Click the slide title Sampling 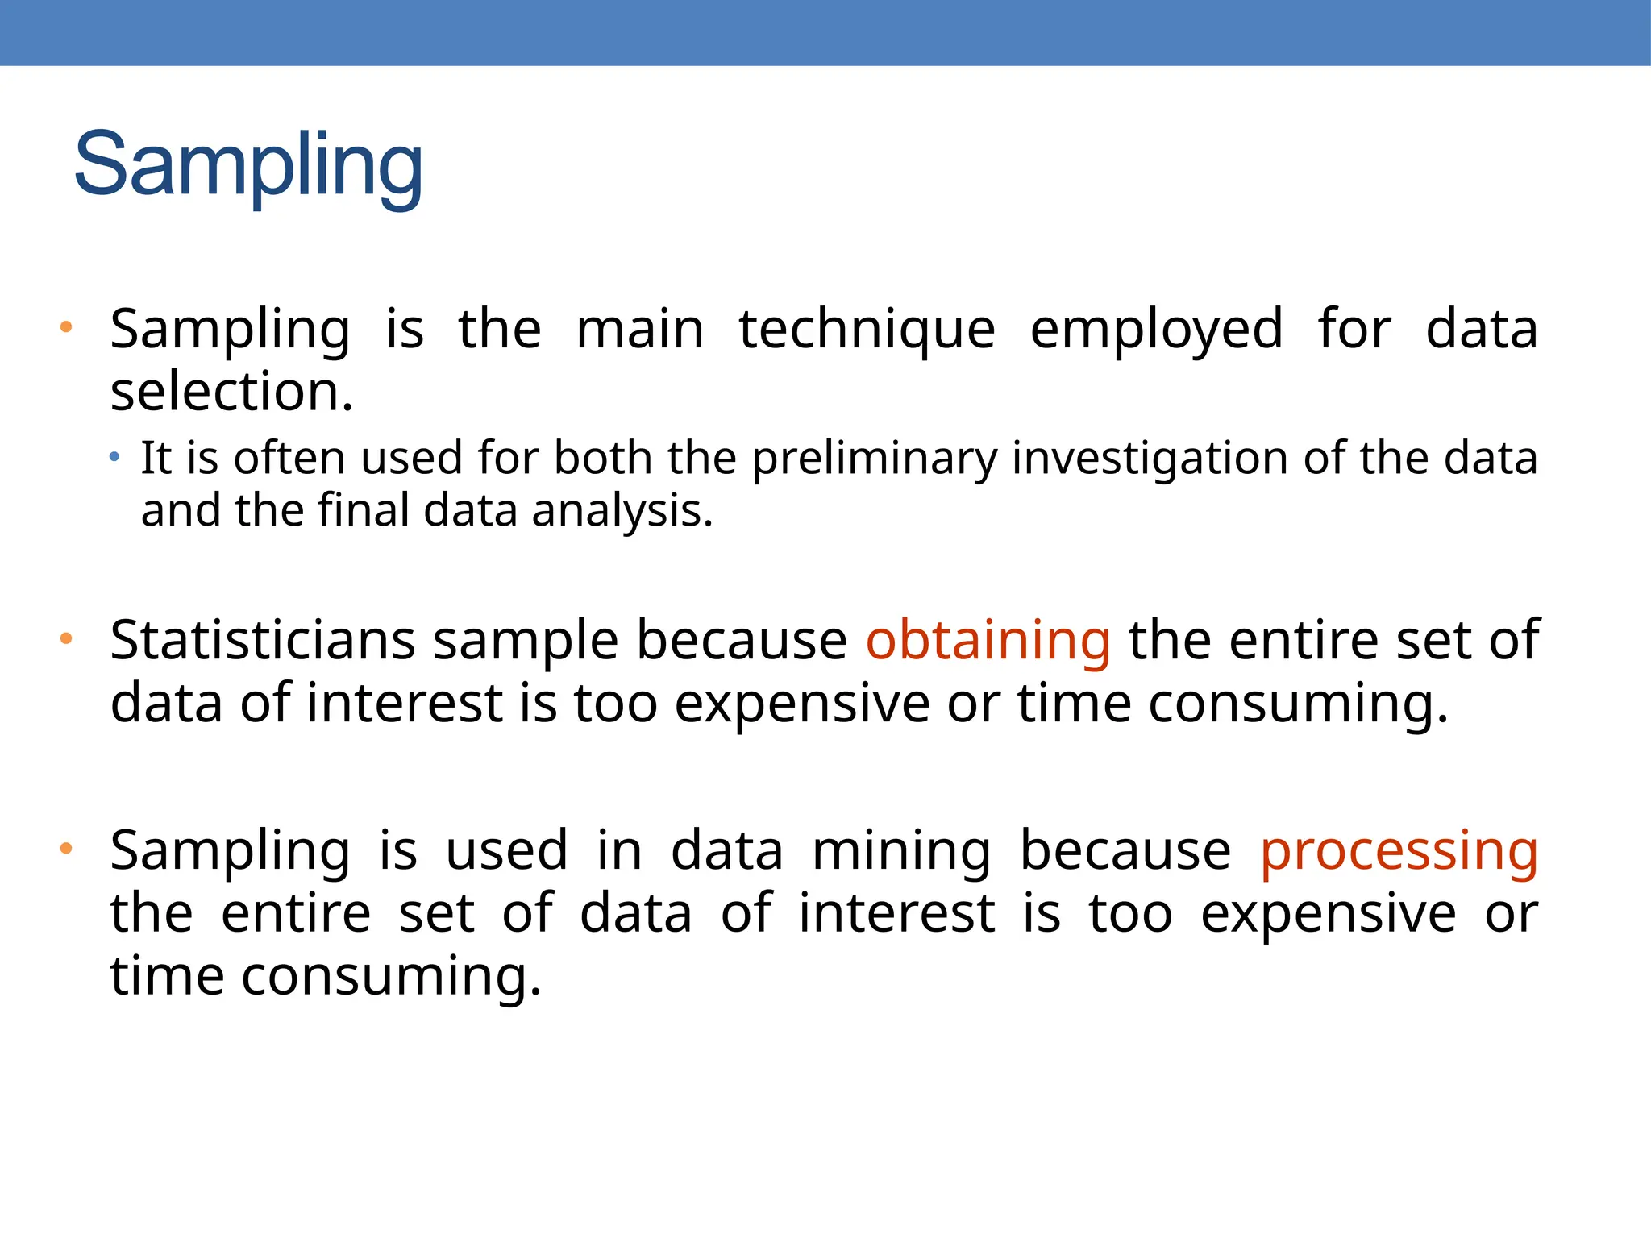tap(248, 166)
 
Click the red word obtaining tap(988, 641)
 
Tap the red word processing tap(1399, 852)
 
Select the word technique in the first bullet tap(867, 330)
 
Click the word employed tap(1156, 330)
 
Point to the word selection tap(231, 393)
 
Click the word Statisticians tap(263, 641)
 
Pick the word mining tap(901, 852)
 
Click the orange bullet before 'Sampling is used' tap(66, 849)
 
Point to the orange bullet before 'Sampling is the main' tap(66, 327)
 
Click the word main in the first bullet tap(640, 330)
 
